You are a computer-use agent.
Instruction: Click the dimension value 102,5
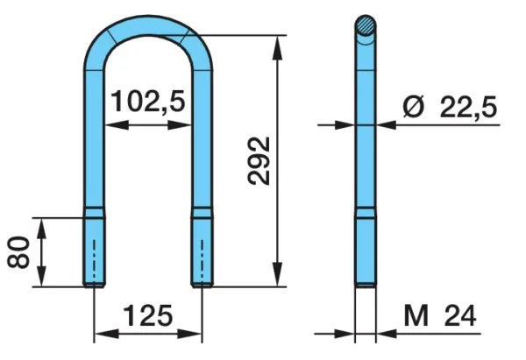(148, 102)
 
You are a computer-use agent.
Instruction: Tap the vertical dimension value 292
(259, 161)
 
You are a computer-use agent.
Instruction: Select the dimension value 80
(18, 252)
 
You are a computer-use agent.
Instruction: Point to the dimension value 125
(148, 315)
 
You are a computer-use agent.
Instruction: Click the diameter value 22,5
(468, 107)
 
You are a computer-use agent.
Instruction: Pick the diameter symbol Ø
(413, 107)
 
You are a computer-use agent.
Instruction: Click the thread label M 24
(440, 315)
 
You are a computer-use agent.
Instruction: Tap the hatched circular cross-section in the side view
(366, 25)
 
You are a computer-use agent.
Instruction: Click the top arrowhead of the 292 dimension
(277, 47)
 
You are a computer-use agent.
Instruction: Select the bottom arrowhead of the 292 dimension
(277, 274)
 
